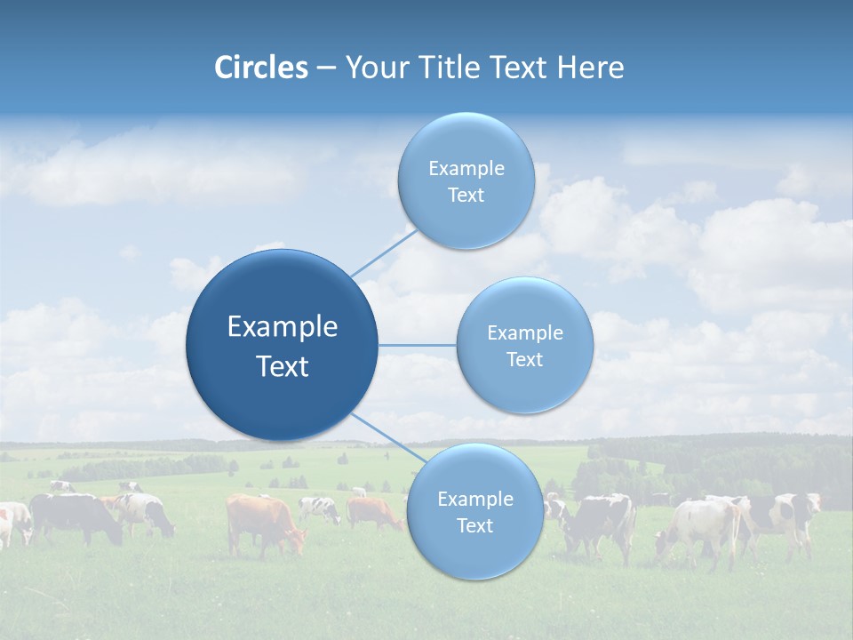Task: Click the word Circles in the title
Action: pyautogui.click(x=260, y=68)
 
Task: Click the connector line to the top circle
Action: pyautogui.click(x=384, y=252)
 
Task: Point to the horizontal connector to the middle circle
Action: pyautogui.click(x=417, y=345)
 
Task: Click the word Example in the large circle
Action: pyautogui.click(x=282, y=327)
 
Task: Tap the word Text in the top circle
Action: pyautogui.click(x=466, y=196)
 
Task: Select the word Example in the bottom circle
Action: pyautogui.click(x=474, y=500)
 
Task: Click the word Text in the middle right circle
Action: pyautogui.click(x=524, y=360)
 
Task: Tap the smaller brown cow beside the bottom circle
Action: pyautogui.click(x=373, y=513)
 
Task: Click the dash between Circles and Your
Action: pyautogui.click(x=325, y=68)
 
